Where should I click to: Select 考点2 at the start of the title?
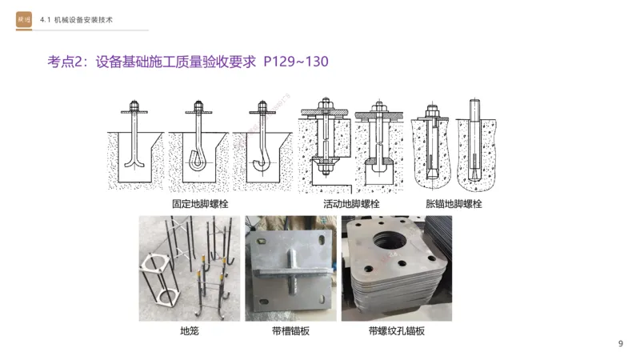[x=66, y=62]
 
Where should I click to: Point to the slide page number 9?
[x=620, y=344]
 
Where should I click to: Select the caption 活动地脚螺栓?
[x=351, y=204]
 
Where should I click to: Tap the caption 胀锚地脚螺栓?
[x=454, y=204]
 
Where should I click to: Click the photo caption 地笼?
[x=189, y=330]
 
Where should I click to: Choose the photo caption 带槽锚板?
[x=287, y=330]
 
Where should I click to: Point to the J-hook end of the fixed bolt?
[x=260, y=163]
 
